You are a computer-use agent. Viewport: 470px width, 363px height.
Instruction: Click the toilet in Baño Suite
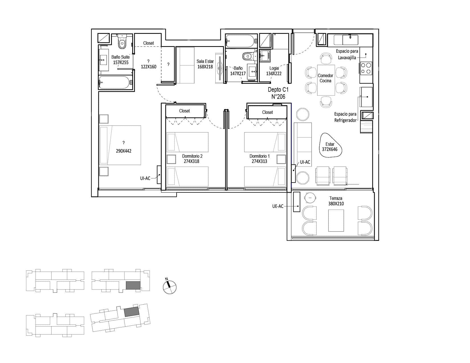tap(122, 42)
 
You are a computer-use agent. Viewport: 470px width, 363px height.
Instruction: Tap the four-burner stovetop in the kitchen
tap(366, 68)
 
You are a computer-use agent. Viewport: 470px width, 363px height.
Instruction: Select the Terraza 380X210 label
tap(336, 201)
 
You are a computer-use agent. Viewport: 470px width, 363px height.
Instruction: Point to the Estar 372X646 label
tap(330, 147)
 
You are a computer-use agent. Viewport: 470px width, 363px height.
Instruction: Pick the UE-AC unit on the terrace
tap(297, 202)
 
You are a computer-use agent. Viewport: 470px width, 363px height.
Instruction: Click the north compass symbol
tap(169, 286)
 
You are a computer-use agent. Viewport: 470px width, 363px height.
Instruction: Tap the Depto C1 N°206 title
tap(278, 93)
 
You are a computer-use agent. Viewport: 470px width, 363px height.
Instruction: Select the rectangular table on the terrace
tap(336, 221)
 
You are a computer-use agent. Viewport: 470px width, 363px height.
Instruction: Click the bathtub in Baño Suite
tap(115, 82)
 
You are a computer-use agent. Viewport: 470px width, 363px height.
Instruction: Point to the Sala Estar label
tap(205, 61)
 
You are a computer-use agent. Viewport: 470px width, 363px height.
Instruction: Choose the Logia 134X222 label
tap(274, 71)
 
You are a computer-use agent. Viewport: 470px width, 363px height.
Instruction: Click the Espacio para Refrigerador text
tap(345, 117)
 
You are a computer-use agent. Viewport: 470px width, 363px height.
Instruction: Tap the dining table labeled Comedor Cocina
tap(326, 80)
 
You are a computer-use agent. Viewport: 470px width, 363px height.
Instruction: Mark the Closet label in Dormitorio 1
tap(267, 112)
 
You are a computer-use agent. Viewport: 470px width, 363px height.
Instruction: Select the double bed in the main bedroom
tap(120, 145)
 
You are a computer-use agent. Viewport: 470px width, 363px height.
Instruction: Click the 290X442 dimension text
tap(124, 151)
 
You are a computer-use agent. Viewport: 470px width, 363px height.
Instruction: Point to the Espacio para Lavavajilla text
tap(347, 54)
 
